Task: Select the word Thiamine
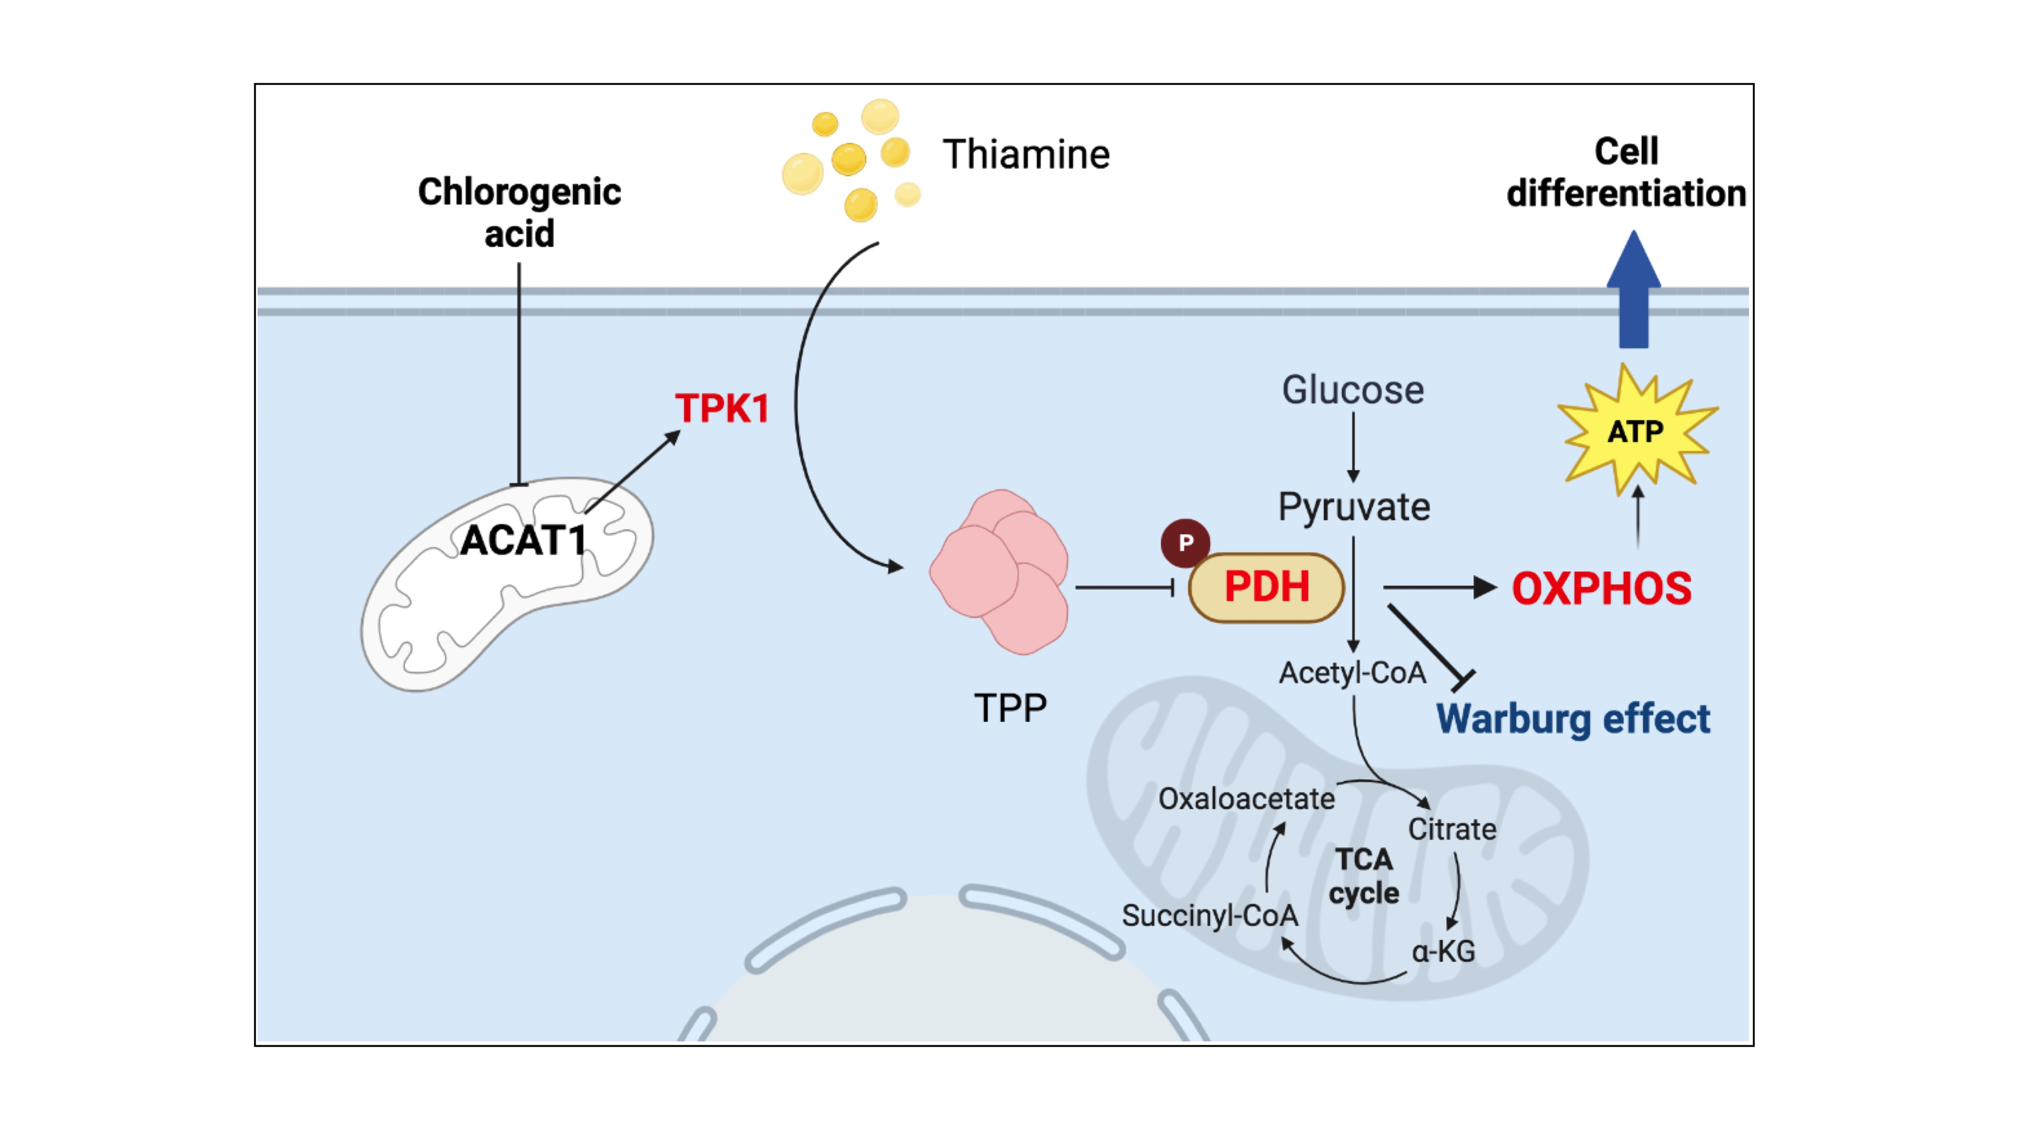pos(1026,154)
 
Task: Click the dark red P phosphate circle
pos(1185,542)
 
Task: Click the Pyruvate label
pos(1354,507)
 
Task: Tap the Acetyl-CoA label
pos(1352,673)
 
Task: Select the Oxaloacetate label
pos(1246,799)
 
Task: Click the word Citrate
pos(1452,829)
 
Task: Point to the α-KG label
pos(1443,950)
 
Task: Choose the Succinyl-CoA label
pos(1210,915)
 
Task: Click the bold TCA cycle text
pos(1364,876)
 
